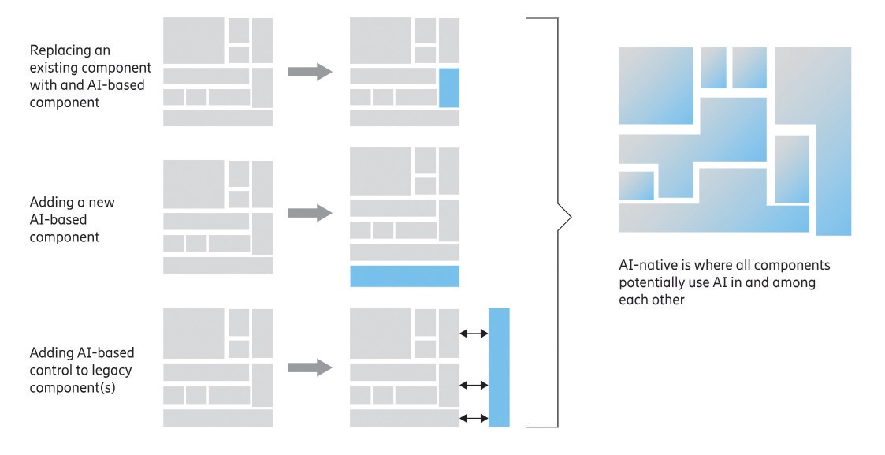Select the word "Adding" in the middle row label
pyautogui.click(x=51, y=202)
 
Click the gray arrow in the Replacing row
pyautogui.click(x=309, y=72)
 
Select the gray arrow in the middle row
pyautogui.click(x=309, y=212)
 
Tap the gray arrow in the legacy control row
pyautogui.click(x=309, y=367)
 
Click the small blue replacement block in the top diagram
pyautogui.click(x=448, y=88)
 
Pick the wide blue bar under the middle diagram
pyautogui.click(x=404, y=276)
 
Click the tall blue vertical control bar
pyautogui.click(x=499, y=367)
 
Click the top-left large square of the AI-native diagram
pyautogui.click(x=656, y=85)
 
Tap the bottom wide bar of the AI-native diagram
pyautogui.click(x=713, y=218)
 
